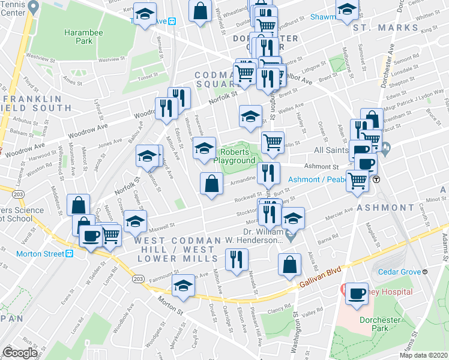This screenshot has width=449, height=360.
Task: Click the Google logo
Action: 20,353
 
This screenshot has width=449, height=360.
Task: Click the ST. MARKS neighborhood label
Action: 376,28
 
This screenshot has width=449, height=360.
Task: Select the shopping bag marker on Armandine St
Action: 211,183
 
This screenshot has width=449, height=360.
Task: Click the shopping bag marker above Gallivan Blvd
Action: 289,263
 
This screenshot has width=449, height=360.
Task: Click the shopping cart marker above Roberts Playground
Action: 273,142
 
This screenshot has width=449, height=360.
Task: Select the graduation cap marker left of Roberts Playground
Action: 204,148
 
